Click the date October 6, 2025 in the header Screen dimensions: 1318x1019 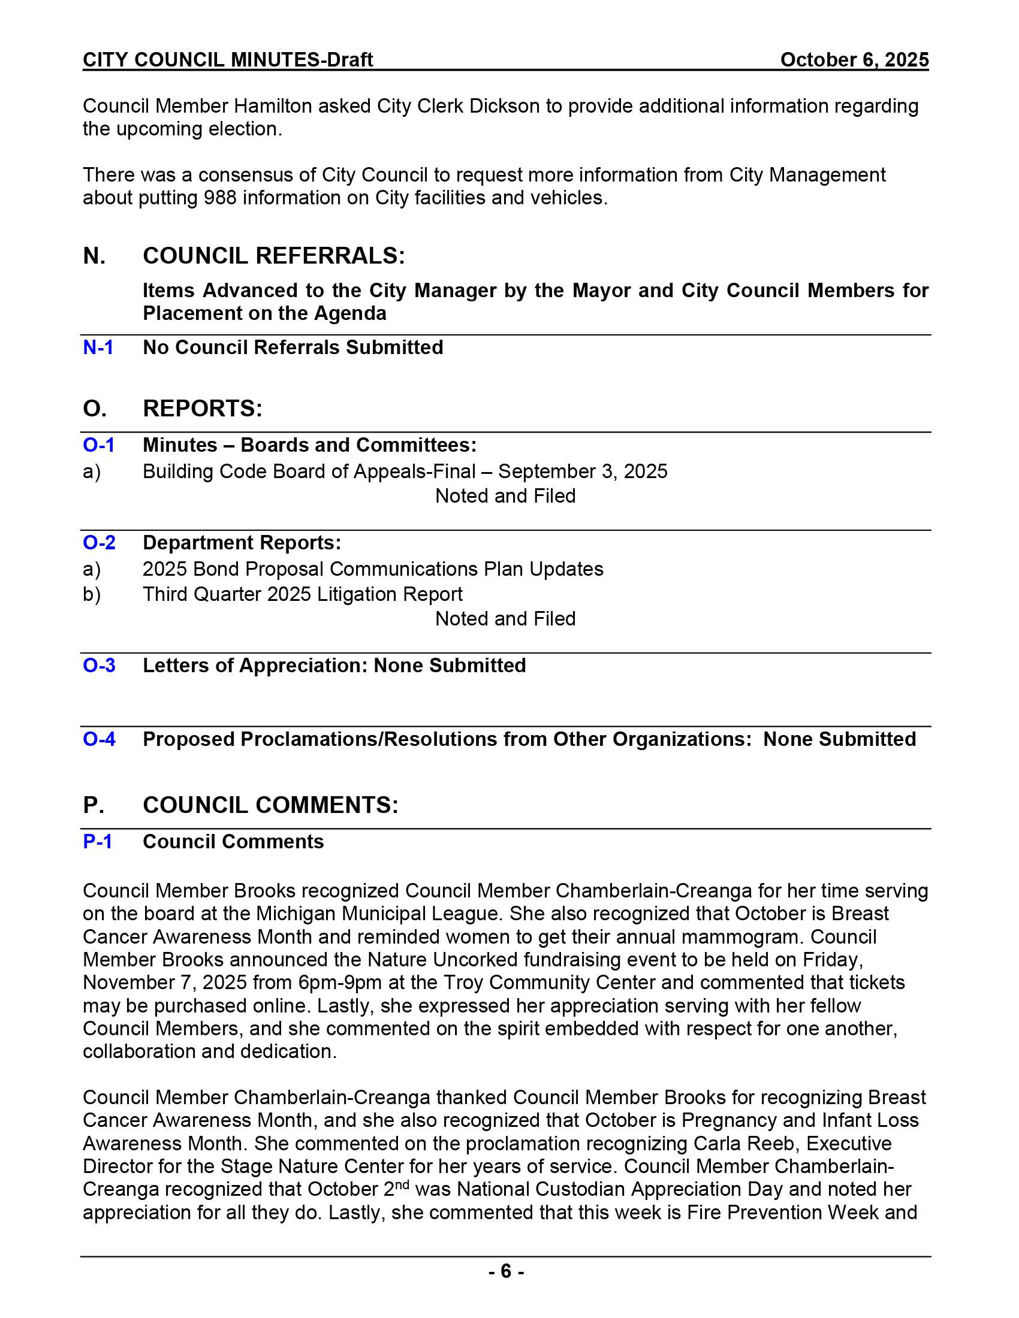[x=854, y=60]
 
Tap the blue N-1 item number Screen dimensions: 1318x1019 [x=98, y=347]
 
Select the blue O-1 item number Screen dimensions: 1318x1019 [x=98, y=445]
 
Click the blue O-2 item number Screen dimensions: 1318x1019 [x=99, y=543]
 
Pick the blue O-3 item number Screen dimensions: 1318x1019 [x=99, y=666]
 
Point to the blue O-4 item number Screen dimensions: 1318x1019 [x=99, y=739]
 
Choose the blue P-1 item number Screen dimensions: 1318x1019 [x=97, y=842]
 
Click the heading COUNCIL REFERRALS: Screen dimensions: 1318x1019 [x=273, y=256]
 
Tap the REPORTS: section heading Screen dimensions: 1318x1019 [x=202, y=409]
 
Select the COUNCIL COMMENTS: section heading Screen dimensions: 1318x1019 [x=270, y=806]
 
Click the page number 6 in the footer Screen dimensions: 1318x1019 [x=506, y=1271]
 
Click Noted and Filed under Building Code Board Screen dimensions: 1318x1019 [x=505, y=496]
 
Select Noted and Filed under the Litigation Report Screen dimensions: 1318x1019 [x=505, y=619]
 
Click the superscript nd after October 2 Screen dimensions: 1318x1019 [x=402, y=1184]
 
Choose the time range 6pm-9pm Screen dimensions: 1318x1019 [x=340, y=983]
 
